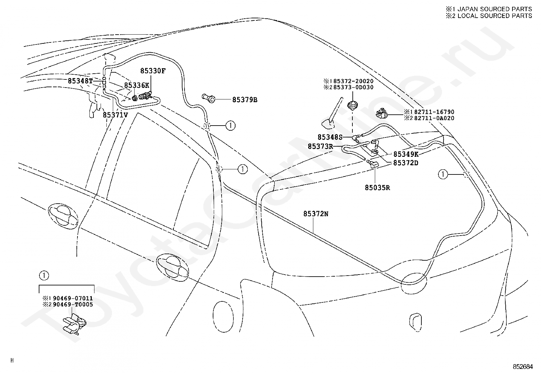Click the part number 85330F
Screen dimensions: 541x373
[153, 71]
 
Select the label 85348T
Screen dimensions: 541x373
[80, 81]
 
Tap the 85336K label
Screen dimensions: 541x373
[137, 85]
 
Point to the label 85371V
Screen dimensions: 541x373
[115, 115]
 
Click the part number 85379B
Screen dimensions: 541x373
[245, 100]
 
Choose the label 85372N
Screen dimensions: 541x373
[316, 214]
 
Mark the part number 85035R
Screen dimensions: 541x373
[377, 187]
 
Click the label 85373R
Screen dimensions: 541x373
[320, 146]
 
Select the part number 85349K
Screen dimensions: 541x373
[406, 154]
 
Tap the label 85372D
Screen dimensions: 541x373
[406, 163]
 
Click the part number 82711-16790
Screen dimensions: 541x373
[434, 112]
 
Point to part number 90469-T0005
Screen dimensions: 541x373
[73, 304]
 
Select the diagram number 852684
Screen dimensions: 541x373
[523, 367]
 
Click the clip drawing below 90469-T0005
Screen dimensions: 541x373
[74, 324]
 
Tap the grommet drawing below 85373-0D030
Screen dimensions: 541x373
[353, 106]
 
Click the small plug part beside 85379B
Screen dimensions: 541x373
[208, 98]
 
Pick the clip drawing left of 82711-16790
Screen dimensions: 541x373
[382, 113]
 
